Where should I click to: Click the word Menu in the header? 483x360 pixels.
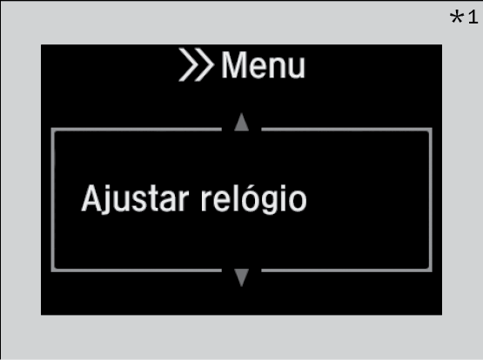tap(264, 65)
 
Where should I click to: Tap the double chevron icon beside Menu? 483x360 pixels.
tap(196, 64)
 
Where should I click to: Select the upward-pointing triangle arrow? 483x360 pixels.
tap(242, 122)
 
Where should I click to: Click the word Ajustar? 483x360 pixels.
tap(135, 199)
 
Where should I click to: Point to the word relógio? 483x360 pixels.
tap(254, 199)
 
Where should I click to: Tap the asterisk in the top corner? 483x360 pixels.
tap(457, 17)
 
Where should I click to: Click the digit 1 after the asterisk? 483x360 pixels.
tap(473, 17)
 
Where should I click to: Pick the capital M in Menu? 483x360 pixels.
tap(234, 65)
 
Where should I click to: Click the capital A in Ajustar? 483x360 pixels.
tap(91, 198)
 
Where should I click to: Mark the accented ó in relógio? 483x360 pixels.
tap(249, 199)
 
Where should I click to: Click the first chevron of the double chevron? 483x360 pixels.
tap(188, 64)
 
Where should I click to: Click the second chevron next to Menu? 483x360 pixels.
tap(205, 64)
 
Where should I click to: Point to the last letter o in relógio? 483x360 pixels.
tap(298, 202)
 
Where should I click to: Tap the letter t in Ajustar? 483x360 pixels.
tap(155, 200)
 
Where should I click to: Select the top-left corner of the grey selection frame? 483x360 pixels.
tap(51, 129)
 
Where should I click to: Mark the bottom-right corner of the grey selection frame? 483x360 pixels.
tap(432, 271)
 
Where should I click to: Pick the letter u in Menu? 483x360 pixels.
tap(296, 69)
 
